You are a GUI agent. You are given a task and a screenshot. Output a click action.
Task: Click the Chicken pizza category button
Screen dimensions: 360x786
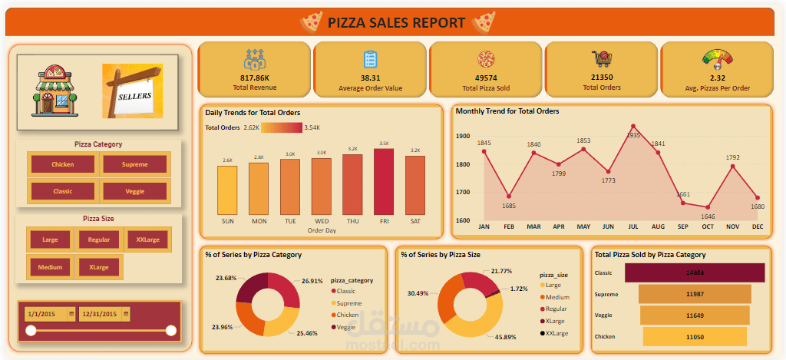tap(62, 164)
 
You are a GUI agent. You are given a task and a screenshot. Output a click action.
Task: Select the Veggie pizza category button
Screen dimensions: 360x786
tap(134, 191)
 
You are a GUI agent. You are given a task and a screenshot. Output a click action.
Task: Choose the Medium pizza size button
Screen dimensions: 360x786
tap(51, 267)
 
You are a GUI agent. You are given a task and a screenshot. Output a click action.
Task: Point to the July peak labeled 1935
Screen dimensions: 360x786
tap(632, 126)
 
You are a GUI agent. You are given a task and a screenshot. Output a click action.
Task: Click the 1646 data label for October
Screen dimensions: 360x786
tap(708, 216)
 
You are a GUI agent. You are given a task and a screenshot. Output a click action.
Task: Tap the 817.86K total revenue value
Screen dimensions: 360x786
tap(255, 78)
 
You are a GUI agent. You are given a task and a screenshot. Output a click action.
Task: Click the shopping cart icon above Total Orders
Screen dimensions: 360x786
tap(601, 60)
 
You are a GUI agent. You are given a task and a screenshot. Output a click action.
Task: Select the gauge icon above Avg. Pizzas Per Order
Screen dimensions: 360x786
tap(717, 60)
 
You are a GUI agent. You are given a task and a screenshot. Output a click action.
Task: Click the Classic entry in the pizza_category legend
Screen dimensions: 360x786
tap(346, 291)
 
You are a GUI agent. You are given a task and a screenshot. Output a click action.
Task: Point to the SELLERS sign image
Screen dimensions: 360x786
tap(133, 90)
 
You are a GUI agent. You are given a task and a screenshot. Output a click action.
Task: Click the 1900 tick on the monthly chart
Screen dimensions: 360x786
tap(462, 137)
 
